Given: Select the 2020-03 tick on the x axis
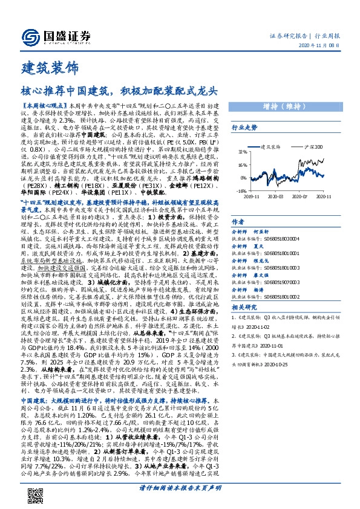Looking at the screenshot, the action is [x=275, y=196].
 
